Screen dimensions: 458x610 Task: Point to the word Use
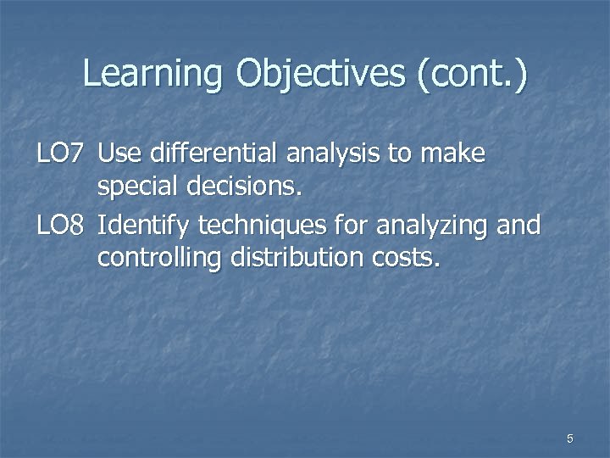tap(121, 154)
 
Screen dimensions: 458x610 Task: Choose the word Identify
tap(144, 225)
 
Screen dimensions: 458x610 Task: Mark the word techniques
tap(258, 225)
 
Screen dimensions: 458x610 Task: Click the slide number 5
tap(570, 438)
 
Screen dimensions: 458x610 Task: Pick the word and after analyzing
tap(517, 225)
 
